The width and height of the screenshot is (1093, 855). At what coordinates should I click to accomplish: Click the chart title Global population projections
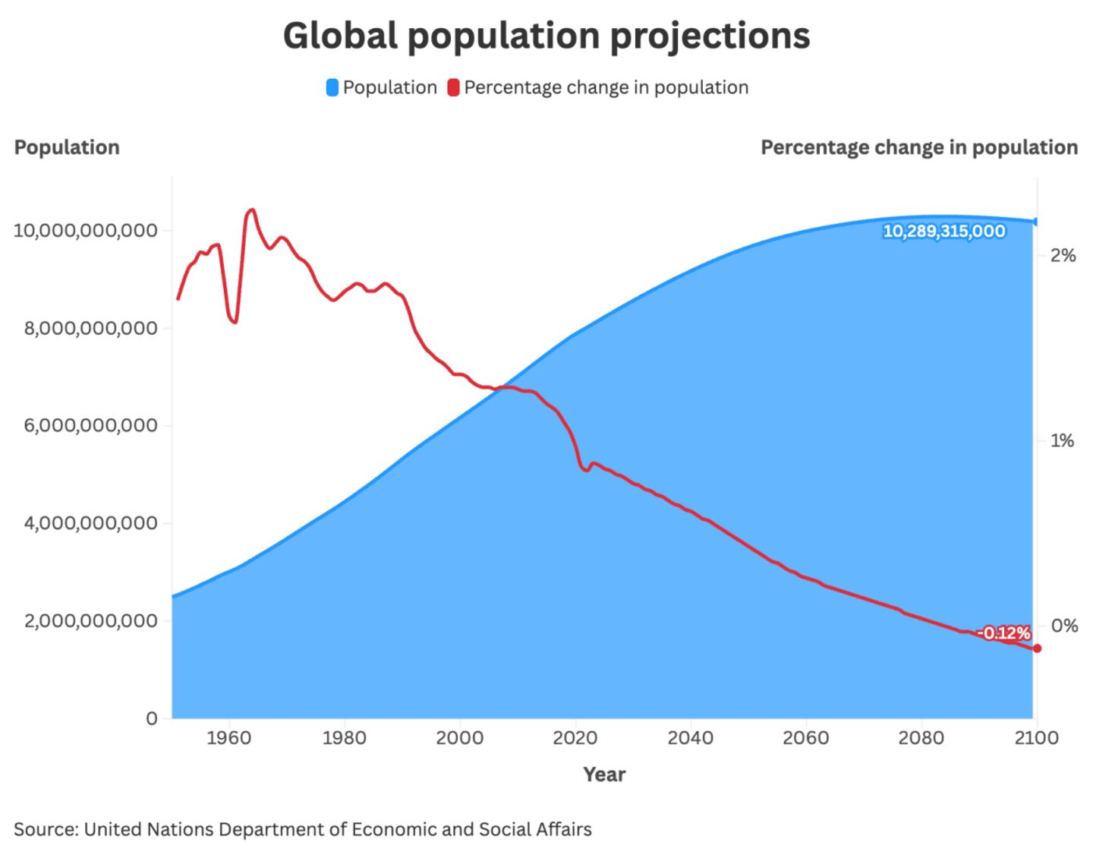[546, 36]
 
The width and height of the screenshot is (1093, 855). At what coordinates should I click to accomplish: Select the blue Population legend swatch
[332, 88]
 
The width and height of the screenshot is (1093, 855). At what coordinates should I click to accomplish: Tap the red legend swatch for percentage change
[453, 88]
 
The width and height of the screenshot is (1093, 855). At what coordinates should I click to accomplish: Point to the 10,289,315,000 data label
[943, 232]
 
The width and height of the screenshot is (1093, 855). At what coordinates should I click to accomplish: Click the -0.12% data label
[1003, 633]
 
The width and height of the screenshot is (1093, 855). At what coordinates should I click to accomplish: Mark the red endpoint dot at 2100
[1037, 648]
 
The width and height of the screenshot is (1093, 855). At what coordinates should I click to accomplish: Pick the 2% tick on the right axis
[1063, 256]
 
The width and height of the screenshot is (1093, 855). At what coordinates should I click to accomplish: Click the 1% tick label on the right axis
[1062, 441]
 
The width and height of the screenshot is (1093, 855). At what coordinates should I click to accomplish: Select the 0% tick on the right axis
[1063, 626]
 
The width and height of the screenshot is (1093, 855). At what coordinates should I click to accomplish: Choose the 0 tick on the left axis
[152, 718]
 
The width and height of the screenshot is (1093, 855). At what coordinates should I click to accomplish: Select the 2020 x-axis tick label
[575, 738]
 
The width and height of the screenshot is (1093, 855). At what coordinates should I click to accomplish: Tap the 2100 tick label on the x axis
[1036, 738]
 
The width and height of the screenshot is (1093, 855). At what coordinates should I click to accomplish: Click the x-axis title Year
[604, 775]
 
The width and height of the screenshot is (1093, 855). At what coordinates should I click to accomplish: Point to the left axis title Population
[67, 147]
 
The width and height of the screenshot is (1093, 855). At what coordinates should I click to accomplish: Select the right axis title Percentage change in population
[918, 147]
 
